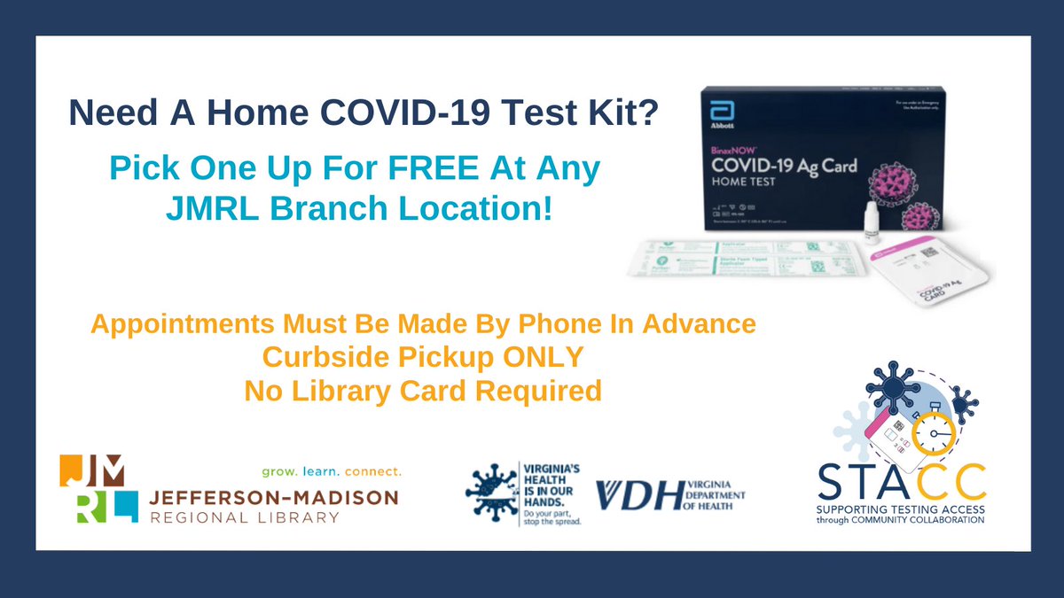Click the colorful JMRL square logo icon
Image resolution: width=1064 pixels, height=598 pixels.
pos(98,489)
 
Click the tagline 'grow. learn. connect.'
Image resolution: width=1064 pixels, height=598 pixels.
pos(331,470)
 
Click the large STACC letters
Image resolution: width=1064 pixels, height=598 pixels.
pos(901,483)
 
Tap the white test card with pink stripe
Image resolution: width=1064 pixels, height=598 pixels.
pos(926,274)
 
